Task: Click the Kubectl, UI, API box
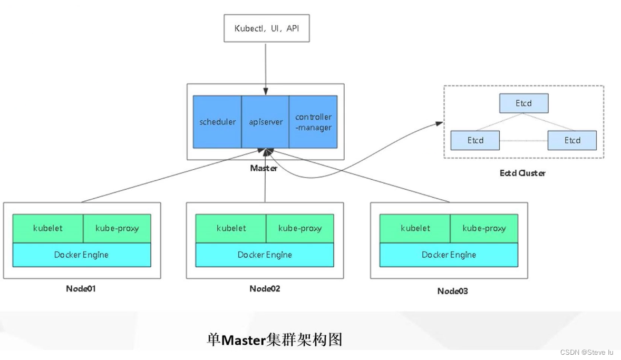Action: click(266, 27)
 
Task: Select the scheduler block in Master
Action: click(217, 122)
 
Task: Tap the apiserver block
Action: click(265, 122)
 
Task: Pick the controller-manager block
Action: click(313, 122)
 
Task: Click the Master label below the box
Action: click(264, 168)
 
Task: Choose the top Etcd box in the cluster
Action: click(523, 103)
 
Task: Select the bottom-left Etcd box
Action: click(475, 140)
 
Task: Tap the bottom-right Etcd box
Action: click(572, 140)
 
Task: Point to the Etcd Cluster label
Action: click(522, 173)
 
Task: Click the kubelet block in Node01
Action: click(48, 228)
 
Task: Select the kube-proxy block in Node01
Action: click(117, 228)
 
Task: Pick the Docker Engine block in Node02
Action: click(265, 255)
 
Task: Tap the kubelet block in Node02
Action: click(231, 228)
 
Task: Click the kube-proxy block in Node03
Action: click(484, 228)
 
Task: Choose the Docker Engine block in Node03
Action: click(449, 255)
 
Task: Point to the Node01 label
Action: click(81, 288)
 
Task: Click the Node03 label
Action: click(452, 291)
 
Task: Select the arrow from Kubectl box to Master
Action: click(265, 63)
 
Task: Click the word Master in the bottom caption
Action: click(242, 340)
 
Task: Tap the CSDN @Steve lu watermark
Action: click(586, 352)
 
